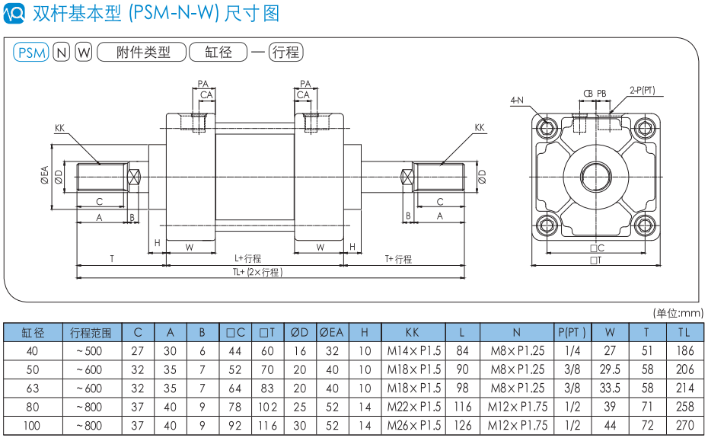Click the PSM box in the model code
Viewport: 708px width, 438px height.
pyautogui.click(x=31, y=53)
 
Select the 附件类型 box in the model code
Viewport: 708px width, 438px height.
pyautogui.click(x=143, y=53)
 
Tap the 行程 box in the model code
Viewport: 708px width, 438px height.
pyautogui.click(x=285, y=53)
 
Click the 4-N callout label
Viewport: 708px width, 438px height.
pyautogui.click(x=517, y=100)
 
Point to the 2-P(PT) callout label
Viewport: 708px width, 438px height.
pyautogui.click(x=642, y=91)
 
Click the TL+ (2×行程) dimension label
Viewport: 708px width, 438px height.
pyautogui.click(x=257, y=272)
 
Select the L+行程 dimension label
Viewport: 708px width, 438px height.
pyautogui.click(x=247, y=259)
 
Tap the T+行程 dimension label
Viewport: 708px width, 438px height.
pyautogui.click(x=397, y=259)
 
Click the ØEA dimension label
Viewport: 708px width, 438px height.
pyautogui.click(x=45, y=176)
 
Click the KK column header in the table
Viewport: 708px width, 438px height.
pyautogui.click(x=413, y=332)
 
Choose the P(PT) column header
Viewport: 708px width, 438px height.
pyautogui.click(x=572, y=332)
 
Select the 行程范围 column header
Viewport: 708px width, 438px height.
pyautogui.click(x=91, y=332)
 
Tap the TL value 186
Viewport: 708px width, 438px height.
pyautogui.click(x=684, y=351)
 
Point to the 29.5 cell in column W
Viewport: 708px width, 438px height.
pyautogui.click(x=610, y=369)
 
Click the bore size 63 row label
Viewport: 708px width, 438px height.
pyautogui.click(x=32, y=388)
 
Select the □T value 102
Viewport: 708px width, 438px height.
pyautogui.click(x=266, y=407)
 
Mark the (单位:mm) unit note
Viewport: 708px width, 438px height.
pyautogui.click(x=678, y=312)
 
